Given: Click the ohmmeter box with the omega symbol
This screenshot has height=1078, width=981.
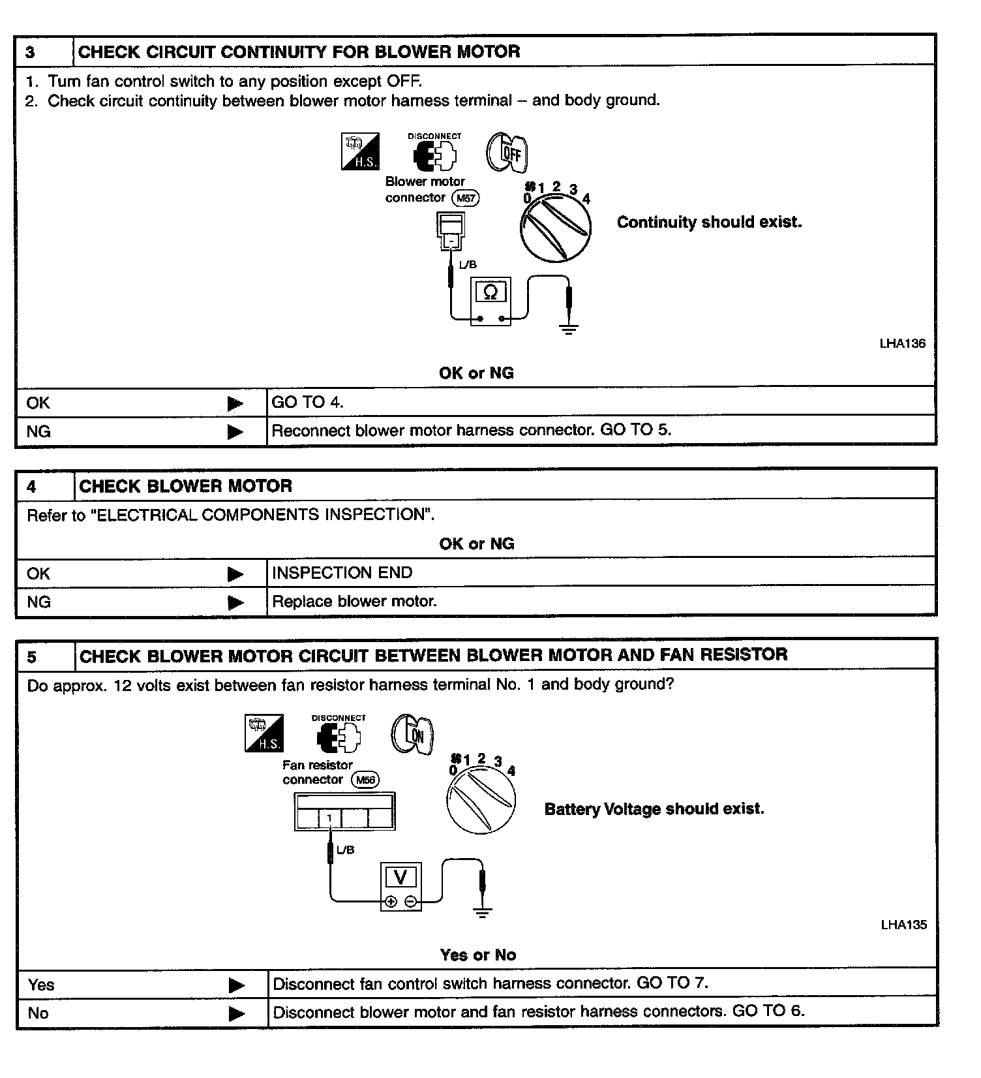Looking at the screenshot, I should pos(490,300).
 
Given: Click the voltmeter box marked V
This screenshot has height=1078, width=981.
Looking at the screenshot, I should pos(400,885).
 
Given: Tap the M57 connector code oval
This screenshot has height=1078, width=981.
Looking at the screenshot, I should pos(466,198).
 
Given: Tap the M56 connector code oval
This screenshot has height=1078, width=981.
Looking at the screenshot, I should pos(365,780).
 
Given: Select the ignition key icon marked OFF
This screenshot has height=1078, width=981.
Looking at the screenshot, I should pos(507,153).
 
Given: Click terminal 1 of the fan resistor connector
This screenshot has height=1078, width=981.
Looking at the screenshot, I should pos(330,818).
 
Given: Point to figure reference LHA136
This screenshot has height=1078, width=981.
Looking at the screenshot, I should pos(902,344).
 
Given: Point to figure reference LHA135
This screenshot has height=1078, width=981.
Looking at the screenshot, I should pos(903,925).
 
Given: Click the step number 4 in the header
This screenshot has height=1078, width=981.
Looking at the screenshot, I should pos(32,486).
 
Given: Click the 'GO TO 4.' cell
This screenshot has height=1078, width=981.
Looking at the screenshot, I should pos(307,403).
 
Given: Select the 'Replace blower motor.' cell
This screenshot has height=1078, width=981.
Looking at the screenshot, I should pos(354,602).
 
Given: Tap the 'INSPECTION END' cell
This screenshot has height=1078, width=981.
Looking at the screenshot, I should pos(342,573).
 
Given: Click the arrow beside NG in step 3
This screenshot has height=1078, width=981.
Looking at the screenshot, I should pos(235,432).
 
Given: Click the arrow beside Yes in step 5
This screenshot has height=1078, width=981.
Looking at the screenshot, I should pos(236,985).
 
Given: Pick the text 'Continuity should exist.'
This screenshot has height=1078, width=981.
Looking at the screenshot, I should pos(709,223).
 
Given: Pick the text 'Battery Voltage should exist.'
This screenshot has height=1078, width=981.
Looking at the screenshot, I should pos(654,809).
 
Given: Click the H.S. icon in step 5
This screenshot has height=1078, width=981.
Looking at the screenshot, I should pos(264,733).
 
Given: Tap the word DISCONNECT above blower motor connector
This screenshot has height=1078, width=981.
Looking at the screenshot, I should pos(434,136).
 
